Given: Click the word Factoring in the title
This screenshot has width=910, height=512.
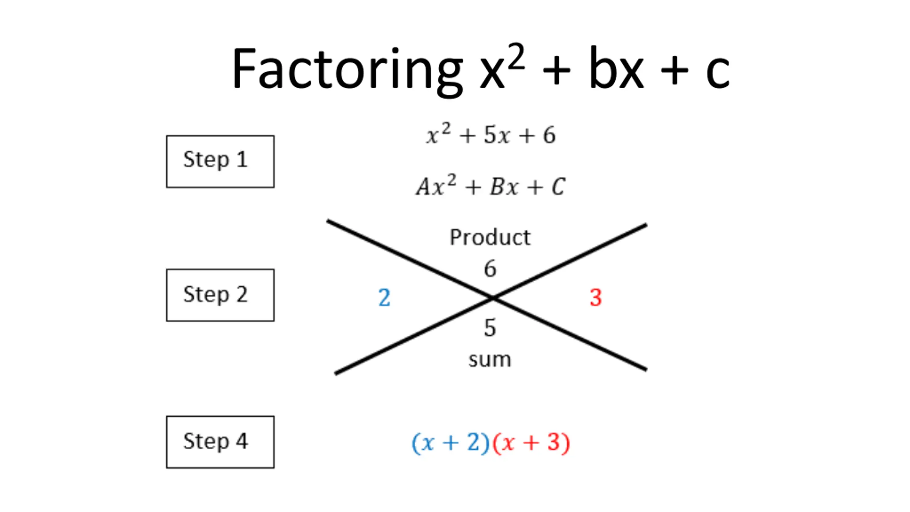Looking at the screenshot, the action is pyautogui.click(x=347, y=69).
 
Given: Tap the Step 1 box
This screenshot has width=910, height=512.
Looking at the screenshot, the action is pyautogui.click(x=220, y=161).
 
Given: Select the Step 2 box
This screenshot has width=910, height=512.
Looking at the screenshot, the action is pyautogui.click(x=220, y=295).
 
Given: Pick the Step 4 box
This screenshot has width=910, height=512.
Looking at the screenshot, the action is pyautogui.click(x=220, y=442).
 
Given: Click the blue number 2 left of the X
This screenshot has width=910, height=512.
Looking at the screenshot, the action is pyautogui.click(x=384, y=297).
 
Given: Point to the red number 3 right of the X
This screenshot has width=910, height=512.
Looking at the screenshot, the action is pyautogui.click(x=596, y=297).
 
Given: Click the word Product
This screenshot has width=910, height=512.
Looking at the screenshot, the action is pyautogui.click(x=490, y=237).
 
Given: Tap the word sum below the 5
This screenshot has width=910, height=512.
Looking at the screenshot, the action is pyautogui.click(x=490, y=359).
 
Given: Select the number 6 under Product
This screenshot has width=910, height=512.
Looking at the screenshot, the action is pyautogui.click(x=490, y=268).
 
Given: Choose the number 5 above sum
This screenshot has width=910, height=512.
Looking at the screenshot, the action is pyautogui.click(x=490, y=327).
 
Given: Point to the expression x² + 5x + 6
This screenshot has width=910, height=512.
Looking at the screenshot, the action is pyautogui.click(x=491, y=135).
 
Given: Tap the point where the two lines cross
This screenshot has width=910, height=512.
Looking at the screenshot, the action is pyautogui.click(x=493, y=298).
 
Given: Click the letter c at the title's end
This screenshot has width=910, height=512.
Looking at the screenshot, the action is pyautogui.click(x=717, y=71).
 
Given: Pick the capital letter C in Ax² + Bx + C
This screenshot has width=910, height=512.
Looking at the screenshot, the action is pyautogui.click(x=558, y=186).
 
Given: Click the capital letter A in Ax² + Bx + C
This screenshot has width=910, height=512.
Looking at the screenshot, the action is pyautogui.click(x=424, y=186).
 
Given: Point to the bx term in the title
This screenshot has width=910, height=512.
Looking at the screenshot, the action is pyautogui.click(x=616, y=69).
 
